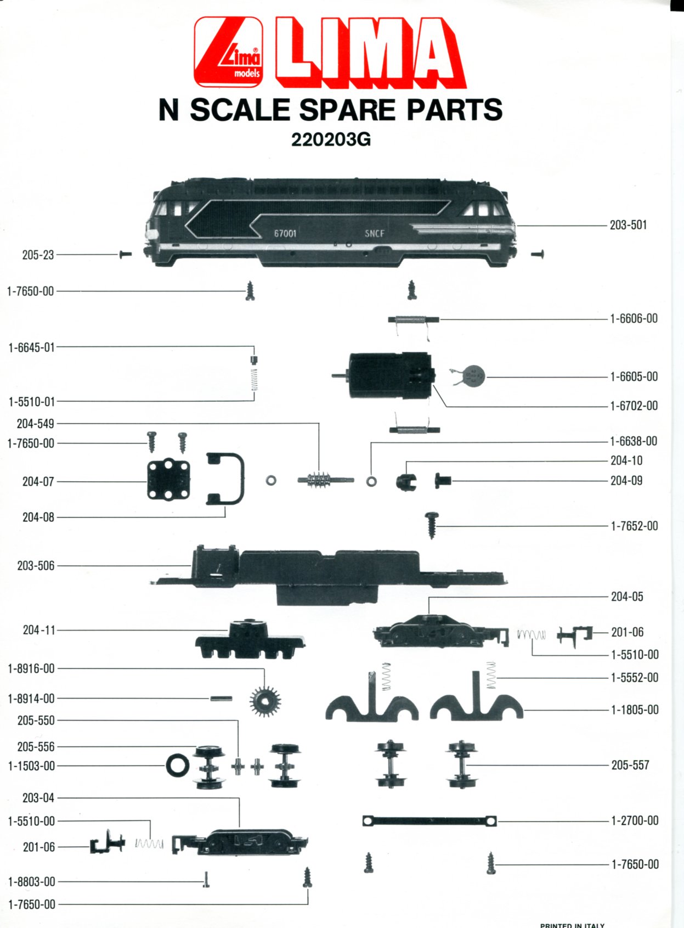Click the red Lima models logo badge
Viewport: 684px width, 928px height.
[x=229, y=52]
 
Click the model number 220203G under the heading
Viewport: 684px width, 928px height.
[x=331, y=141]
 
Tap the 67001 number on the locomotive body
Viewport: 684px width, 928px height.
[x=285, y=233]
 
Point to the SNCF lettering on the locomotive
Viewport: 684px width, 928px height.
[x=374, y=233]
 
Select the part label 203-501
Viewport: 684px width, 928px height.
[x=628, y=226]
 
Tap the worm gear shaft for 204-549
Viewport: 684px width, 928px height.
[x=325, y=480]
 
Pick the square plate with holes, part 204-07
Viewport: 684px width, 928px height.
[x=168, y=481]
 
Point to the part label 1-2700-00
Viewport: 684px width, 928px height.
[x=634, y=820]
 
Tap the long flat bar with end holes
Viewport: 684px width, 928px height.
[x=430, y=820]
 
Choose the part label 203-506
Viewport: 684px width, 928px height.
[x=36, y=566]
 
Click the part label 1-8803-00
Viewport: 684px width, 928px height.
[x=31, y=881]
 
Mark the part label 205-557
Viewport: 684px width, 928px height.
[x=630, y=765]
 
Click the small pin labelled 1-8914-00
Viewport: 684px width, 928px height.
[x=222, y=699]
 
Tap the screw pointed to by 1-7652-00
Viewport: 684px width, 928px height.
[x=431, y=525]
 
